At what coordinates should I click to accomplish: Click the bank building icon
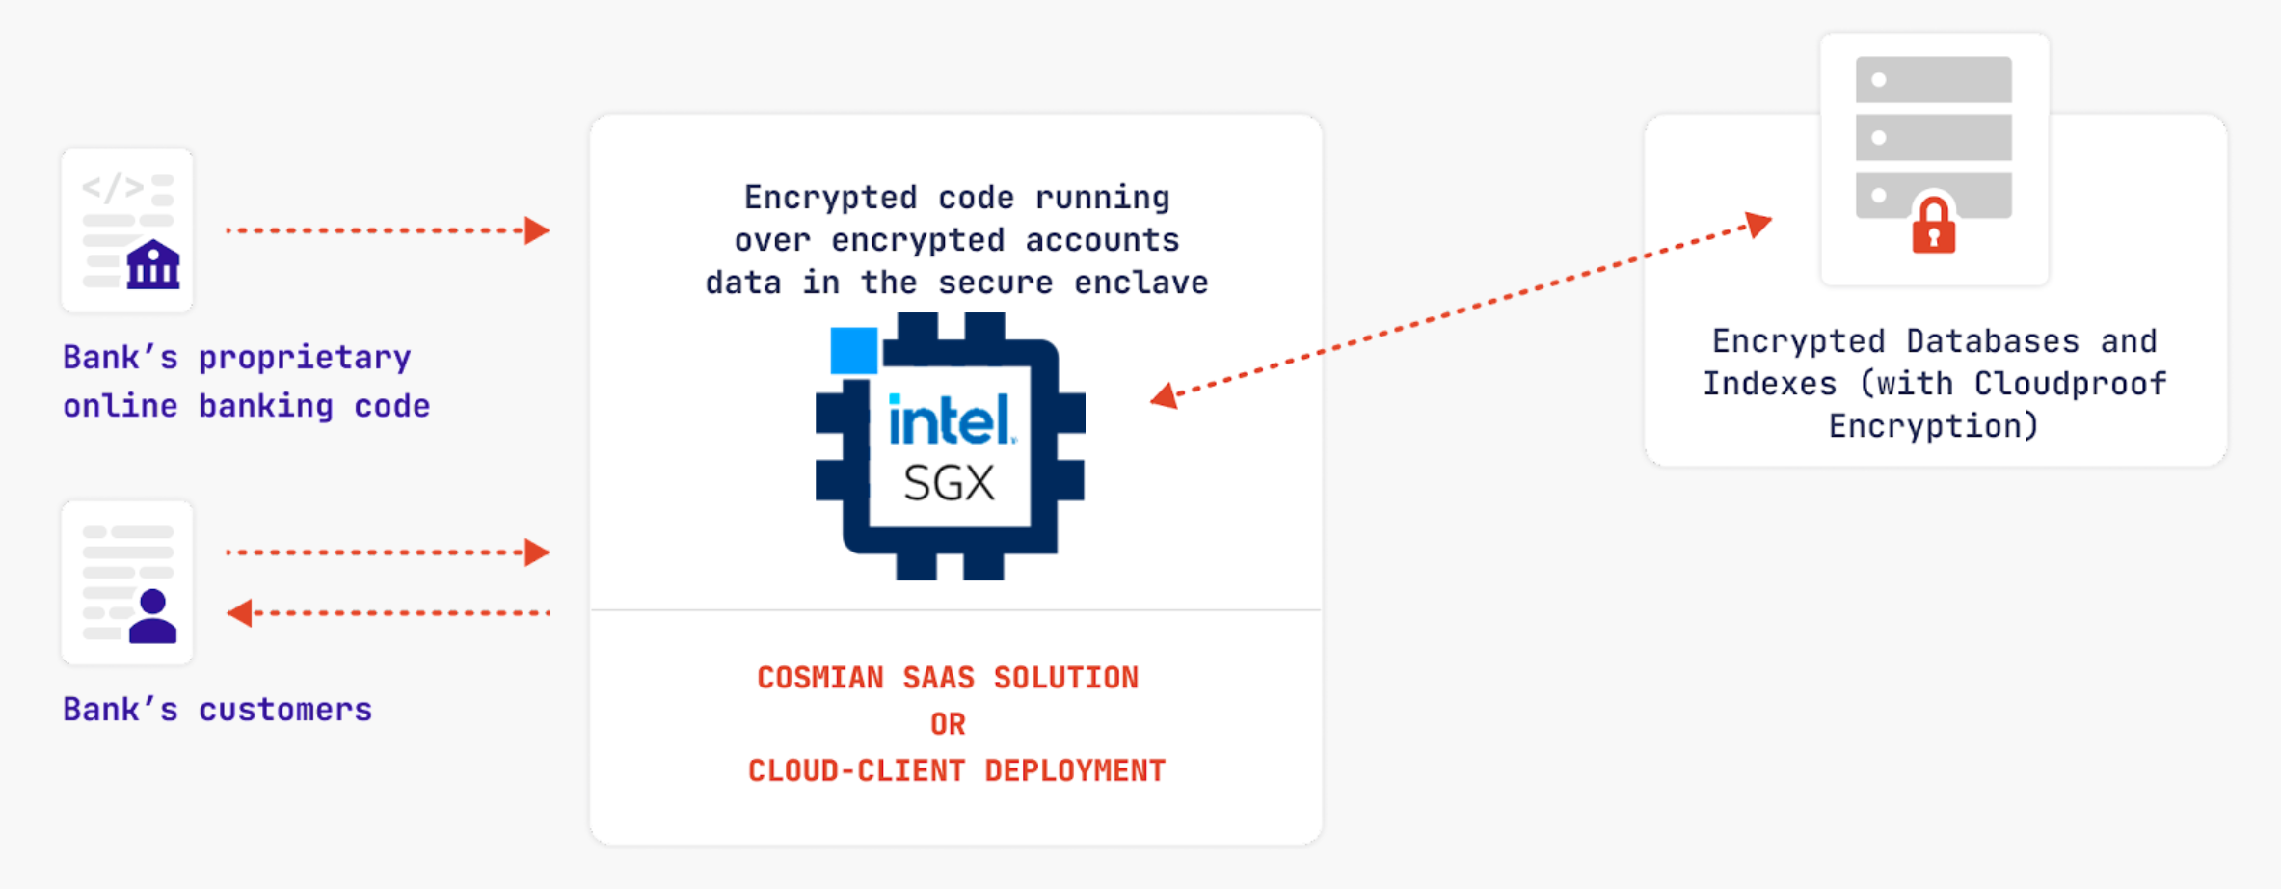(x=153, y=265)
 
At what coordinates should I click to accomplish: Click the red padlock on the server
(x=1933, y=227)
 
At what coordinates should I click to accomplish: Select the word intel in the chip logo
(x=950, y=421)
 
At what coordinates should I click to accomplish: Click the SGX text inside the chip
(x=949, y=483)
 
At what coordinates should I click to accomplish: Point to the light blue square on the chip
(x=854, y=350)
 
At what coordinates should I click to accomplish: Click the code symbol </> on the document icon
(x=113, y=186)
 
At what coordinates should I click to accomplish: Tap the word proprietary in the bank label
(x=305, y=358)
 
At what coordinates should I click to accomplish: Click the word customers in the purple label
(x=285, y=710)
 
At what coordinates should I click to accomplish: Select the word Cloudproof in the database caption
(x=2070, y=384)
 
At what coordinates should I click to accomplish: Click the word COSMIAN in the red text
(x=819, y=678)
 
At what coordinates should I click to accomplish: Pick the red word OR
(x=948, y=724)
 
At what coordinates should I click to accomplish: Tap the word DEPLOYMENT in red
(x=1075, y=770)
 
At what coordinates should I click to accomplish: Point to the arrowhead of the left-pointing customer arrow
(x=239, y=613)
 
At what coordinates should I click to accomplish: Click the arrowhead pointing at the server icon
(x=1759, y=225)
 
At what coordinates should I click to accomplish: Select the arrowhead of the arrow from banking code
(x=537, y=230)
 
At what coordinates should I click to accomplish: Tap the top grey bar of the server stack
(x=1933, y=80)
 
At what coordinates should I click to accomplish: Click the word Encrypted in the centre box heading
(x=830, y=198)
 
